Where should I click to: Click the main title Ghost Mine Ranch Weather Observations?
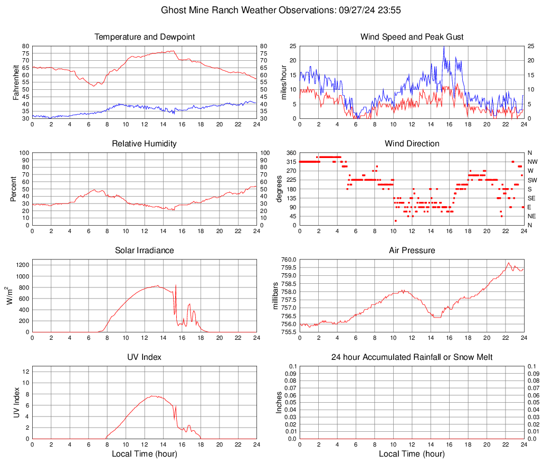click(x=271, y=10)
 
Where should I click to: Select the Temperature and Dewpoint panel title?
click(x=145, y=37)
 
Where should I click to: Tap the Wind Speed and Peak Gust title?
click(x=412, y=37)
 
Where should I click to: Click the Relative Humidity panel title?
click(x=145, y=144)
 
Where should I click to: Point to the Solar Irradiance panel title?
click(x=145, y=250)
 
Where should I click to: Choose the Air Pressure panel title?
click(x=412, y=250)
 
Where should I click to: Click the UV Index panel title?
click(x=145, y=357)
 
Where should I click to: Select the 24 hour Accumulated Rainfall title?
click(x=412, y=357)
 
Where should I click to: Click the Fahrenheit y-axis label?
click(x=16, y=82)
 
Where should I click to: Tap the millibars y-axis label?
click(x=275, y=296)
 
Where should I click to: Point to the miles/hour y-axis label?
click(x=283, y=82)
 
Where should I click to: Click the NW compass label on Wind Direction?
click(x=532, y=162)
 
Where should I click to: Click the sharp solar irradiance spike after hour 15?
click(x=176, y=285)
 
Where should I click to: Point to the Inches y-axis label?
click(x=280, y=403)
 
